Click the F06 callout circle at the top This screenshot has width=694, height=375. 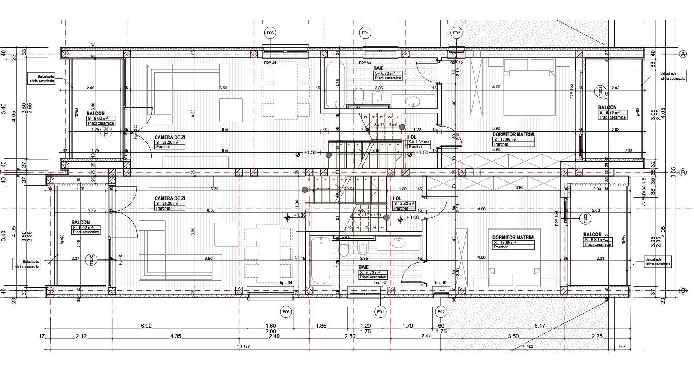(270, 33)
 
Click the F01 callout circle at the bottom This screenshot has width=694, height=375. (380, 311)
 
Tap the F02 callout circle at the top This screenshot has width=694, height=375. (456, 33)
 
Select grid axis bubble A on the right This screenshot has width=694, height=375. (684, 54)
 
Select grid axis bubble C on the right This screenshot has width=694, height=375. (684, 291)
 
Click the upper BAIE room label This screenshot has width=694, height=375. (378, 68)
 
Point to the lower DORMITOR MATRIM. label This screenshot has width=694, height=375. (513, 238)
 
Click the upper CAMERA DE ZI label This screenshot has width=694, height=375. (170, 137)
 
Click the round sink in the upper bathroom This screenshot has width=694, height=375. (413, 102)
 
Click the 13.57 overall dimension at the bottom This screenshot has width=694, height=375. (243, 346)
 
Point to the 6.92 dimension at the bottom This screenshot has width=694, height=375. (146, 326)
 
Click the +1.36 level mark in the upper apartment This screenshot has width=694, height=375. (310, 152)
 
